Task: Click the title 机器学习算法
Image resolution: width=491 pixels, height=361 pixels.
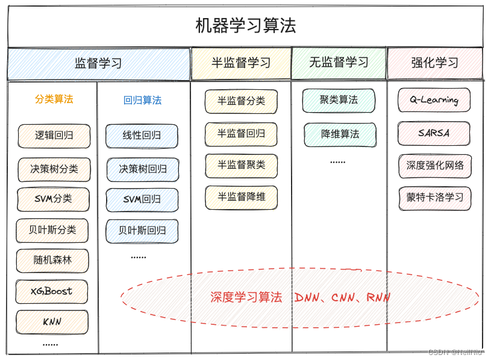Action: tap(246, 26)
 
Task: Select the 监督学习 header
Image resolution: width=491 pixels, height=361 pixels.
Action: tap(98, 63)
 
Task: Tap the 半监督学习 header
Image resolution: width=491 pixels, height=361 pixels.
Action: tap(241, 63)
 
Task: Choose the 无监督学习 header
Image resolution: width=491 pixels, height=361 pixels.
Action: tap(339, 63)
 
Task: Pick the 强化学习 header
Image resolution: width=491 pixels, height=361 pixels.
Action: tap(435, 63)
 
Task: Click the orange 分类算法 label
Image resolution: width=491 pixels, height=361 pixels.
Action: tap(54, 99)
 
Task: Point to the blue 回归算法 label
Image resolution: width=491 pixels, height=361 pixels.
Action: tap(142, 101)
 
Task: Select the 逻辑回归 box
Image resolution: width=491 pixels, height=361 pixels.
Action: tap(54, 136)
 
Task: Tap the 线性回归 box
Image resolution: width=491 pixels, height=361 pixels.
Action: tap(142, 136)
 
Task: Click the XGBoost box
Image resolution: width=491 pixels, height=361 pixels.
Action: tap(52, 291)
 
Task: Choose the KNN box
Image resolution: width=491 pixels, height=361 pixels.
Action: tap(52, 322)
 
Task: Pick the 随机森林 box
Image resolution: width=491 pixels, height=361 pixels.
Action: tap(52, 260)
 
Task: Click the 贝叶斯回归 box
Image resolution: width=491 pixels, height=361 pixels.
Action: tap(142, 231)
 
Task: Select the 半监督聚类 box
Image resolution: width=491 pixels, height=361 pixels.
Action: tap(241, 165)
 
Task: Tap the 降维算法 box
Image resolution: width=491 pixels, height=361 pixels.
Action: tap(340, 134)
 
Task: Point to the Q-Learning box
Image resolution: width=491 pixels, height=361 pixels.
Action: tap(434, 101)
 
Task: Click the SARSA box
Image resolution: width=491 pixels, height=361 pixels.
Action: tap(434, 133)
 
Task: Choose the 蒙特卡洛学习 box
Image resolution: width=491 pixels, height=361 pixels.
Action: tap(434, 198)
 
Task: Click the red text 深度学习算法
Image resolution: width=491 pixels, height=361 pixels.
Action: tap(246, 297)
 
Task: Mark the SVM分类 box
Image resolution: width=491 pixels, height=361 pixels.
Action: tap(54, 199)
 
